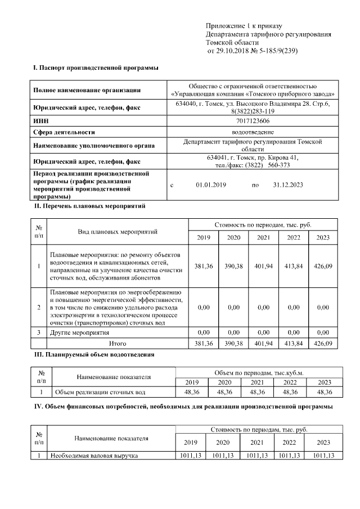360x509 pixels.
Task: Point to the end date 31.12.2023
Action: click(x=287, y=185)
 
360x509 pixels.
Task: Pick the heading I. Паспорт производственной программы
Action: click(x=96, y=68)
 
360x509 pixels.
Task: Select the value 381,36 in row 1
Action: click(x=204, y=266)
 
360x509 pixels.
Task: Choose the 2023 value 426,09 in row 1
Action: click(x=323, y=266)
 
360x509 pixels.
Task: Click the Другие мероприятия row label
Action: click(x=80, y=333)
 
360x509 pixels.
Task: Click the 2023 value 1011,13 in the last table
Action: click(x=323, y=456)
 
